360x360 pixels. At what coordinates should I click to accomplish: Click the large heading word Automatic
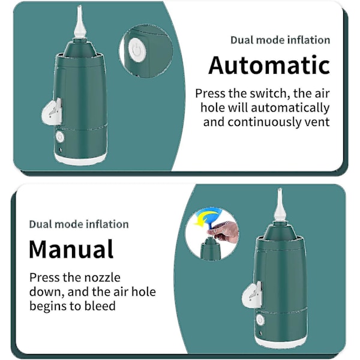(269, 65)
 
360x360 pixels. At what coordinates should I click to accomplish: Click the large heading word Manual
(71, 249)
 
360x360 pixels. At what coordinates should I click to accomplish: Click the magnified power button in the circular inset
(137, 50)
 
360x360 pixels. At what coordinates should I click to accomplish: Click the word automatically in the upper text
(290, 108)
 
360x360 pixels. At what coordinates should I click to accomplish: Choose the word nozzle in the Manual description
(102, 278)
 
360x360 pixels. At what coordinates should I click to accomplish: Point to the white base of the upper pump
(80, 158)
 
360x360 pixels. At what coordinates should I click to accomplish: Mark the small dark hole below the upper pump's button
(61, 150)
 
